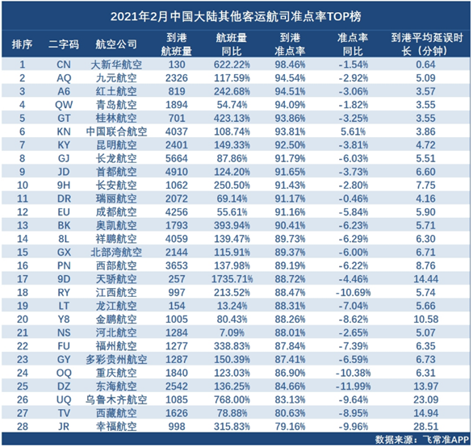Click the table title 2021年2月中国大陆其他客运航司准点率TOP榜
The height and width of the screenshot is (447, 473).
pyautogui.click(x=236, y=16)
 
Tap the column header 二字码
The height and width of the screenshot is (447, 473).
pyautogui.click(x=64, y=44)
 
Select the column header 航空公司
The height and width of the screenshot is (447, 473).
pyautogui.click(x=116, y=44)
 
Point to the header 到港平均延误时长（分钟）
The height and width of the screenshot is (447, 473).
pyautogui.click(x=426, y=44)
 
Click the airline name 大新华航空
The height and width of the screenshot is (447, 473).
pyautogui.click(x=116, y=65)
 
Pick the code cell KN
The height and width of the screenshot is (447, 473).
pyautogui.click(x=64, y=132)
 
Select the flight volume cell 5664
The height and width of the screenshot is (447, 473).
pyautogui.click(x=177, y=158)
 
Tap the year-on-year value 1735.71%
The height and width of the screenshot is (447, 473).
pyautogui.click(x=232, y=279)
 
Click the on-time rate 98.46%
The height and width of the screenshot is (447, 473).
pyautogui.click(x=290, y=65)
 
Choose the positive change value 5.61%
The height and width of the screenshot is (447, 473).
pyautogui.click(x=353, y=132)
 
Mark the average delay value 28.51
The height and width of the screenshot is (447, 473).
pyautogui.click(x=425, y=427)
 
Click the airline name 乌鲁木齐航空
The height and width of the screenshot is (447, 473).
pyautogui.click(x=116, y=399)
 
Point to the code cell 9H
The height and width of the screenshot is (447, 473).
pyautogui.click(x=64, y=186)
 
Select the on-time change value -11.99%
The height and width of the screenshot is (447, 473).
pyautogui.click(x=353, y=386)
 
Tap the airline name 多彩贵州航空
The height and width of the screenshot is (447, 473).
pyautogui.click(x=116, y=360)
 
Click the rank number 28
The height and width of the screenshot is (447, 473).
pyautogui.click(x=23, y=427)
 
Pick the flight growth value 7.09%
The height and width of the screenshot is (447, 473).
pyautogui.click(x=232, y=332)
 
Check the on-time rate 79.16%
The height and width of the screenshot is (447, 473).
pyautogui.click(x=290, y=427)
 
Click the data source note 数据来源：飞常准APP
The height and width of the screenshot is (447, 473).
pyautogui.click(x=421, y=440)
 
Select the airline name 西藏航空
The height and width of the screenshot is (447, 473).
pyautogui.click(x=116, y=413)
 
